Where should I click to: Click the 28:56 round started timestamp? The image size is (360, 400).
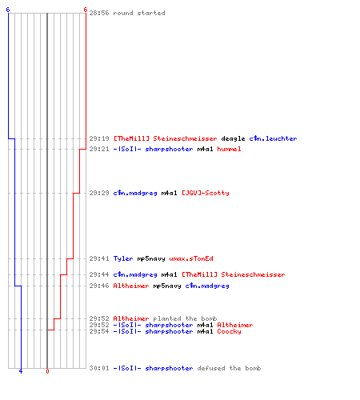coord(99,13)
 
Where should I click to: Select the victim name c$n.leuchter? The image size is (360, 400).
coord(273,138)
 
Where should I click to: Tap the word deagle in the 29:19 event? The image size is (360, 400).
coord(233,139)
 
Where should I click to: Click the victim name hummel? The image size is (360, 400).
coord(229,149)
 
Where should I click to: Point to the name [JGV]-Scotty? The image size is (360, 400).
coord(206,193)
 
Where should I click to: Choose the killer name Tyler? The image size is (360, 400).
coord(123,258)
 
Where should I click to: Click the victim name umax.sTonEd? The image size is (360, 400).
coord(191,258)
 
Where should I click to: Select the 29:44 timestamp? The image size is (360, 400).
coord(99,274)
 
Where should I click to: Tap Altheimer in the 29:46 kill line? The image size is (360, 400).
coord(131,286)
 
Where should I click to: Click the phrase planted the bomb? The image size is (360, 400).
coord(185,318)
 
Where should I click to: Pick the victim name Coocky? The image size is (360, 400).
coord(229,331)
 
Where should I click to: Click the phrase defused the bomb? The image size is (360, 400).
coord(229,368)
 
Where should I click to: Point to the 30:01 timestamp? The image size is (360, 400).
coord(99,368)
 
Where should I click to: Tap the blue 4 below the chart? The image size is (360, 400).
coord(21,371)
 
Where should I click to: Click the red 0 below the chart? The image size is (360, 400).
coord(47,371)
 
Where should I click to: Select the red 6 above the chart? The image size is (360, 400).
coord(86,10)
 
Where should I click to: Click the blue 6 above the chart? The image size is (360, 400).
coord(8,10)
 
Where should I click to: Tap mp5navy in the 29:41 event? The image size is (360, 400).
coord(151,258)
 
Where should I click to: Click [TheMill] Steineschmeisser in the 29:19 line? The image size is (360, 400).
coord(166,138)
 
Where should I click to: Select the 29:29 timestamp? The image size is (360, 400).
coord(99,193)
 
